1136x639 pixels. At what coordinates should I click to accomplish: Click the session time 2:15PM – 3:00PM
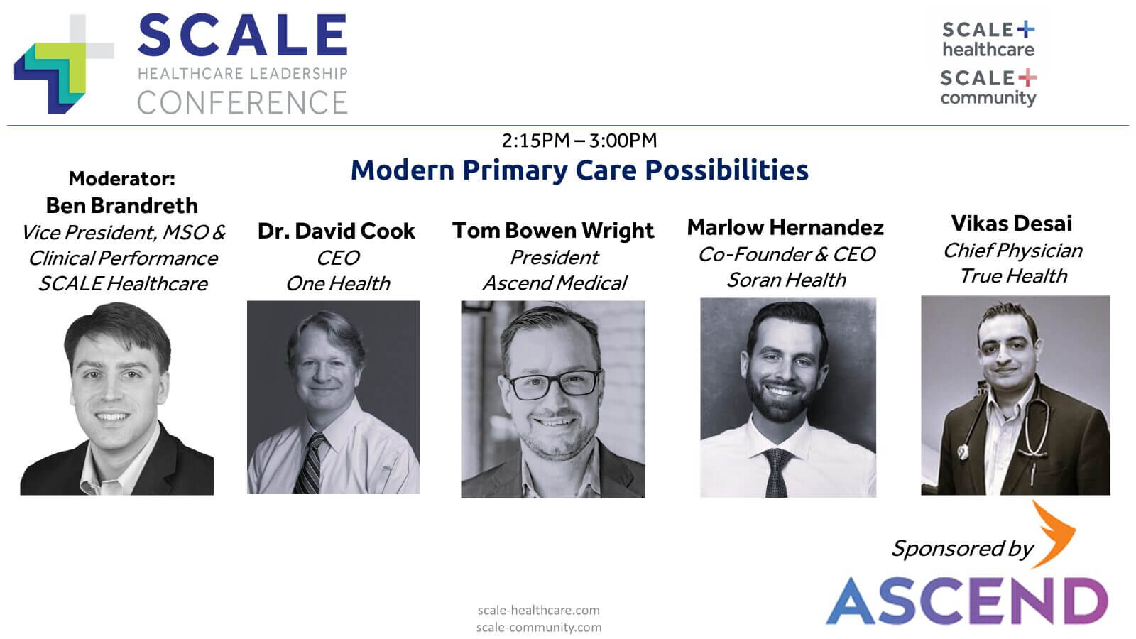pos(579,141)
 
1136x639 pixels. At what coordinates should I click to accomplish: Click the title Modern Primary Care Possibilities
pos(579,170)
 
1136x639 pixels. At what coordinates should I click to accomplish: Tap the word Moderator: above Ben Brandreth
pos(121,178)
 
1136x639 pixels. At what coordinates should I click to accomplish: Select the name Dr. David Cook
pos(336,231)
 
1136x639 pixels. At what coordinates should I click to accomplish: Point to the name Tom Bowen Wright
pos(553,231)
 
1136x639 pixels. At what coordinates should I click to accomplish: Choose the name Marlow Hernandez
pos(785,227)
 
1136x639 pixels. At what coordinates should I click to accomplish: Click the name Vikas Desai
pos(1011,224)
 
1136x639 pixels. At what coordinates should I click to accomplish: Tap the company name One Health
pos(338,283)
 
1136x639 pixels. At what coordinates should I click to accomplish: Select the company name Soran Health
pos(786,280)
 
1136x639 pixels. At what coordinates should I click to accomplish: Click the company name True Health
pos(1013,276)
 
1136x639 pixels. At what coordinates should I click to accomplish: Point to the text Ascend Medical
pos(555,283)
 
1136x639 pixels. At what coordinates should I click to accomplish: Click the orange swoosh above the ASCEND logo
pos(1054,534)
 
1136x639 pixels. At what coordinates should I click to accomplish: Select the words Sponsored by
pos(962,548)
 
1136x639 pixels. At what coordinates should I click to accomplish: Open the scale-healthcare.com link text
pos(538,610)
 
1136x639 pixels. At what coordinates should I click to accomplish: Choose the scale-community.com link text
pos(538,627)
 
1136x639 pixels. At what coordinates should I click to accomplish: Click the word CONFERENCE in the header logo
pos(242,103)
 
